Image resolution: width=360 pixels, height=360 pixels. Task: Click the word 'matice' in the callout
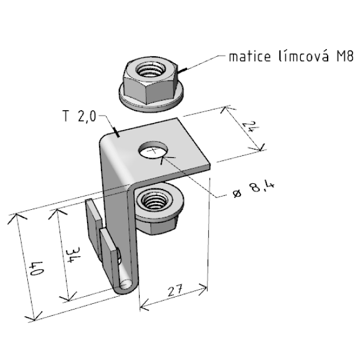tap(250, 56)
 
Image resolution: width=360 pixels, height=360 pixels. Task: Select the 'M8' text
tap(345, 56)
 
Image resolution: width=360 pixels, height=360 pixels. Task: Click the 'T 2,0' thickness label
tap(79, 116)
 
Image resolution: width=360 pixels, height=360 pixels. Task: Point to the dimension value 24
tap(249, 126)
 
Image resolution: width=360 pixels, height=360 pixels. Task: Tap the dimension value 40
tap(36, 268)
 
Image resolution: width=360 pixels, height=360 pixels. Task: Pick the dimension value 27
tap(175, 290)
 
